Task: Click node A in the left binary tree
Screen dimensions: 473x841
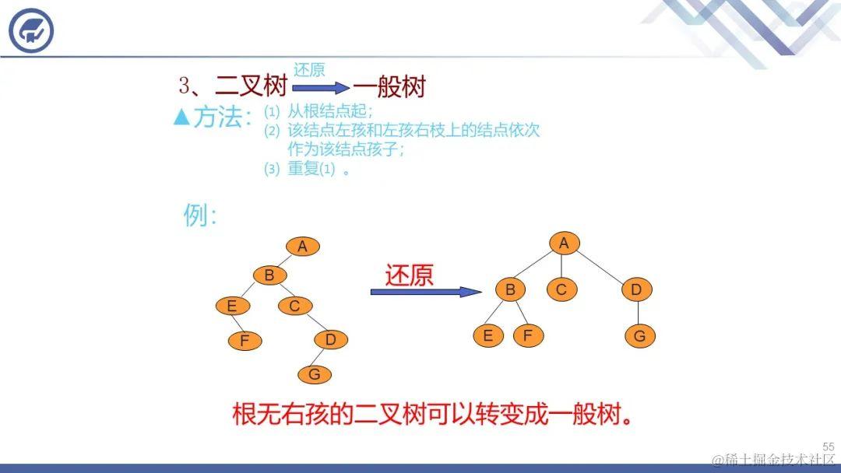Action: pos(303,247)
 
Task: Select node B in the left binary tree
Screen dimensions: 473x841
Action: pos(269,275)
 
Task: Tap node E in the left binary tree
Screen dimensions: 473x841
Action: pos(232,306)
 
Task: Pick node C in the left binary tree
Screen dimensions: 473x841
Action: pos(294,306)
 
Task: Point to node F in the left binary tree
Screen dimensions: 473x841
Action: pos(245,341)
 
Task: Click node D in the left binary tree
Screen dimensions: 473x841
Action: pos(331,339)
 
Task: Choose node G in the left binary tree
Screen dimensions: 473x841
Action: pos(315,374)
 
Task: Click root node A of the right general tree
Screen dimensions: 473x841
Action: pos(564,244)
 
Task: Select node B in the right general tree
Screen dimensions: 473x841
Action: pos(511,290)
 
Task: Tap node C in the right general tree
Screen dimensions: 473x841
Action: pos(561,290)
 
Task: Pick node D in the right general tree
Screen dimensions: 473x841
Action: pos(636,290)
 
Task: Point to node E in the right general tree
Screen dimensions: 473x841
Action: pos(488,336)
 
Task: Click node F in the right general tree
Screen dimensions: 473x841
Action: pos(528,336)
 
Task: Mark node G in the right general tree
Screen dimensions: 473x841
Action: pos(640,336)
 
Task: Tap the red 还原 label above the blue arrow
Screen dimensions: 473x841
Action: pos(409,275)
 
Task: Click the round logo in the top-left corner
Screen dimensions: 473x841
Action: pos(31,31)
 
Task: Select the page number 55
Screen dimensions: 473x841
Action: pos(828,447)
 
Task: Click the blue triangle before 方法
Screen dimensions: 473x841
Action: pos(181,117)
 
